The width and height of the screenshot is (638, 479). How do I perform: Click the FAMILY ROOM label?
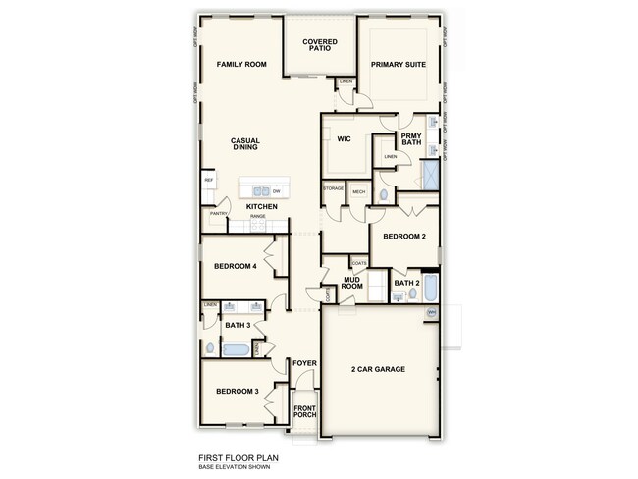[x=241, y=64]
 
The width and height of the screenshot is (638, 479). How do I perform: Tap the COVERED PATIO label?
[x=320, y=46]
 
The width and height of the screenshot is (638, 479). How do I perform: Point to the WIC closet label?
[x=344, y=139]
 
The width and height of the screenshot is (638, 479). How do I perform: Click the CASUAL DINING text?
[x=244, y=144]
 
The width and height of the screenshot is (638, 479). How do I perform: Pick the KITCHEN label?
[x=248, y=206]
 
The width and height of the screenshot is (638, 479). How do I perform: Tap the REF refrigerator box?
[x=208, y=181]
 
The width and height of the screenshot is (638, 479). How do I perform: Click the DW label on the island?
[x=277, y=190]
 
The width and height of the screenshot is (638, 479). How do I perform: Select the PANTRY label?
[x=218, y=213]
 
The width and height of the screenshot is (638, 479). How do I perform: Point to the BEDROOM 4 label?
[x=236, y=266]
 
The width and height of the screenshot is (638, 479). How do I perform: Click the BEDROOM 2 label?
[x=403, y=237]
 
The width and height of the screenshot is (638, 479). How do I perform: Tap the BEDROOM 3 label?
[x=237, y=392]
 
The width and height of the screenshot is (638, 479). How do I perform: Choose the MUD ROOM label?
[x=353, y=284]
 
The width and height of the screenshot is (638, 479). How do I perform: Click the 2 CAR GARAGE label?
[x=379, y=369]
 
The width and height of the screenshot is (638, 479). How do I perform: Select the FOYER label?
[x=304, y=363]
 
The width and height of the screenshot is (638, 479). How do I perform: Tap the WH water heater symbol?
[x=431, y=312]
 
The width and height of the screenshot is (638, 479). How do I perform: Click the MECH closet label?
[x=358, y=191]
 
